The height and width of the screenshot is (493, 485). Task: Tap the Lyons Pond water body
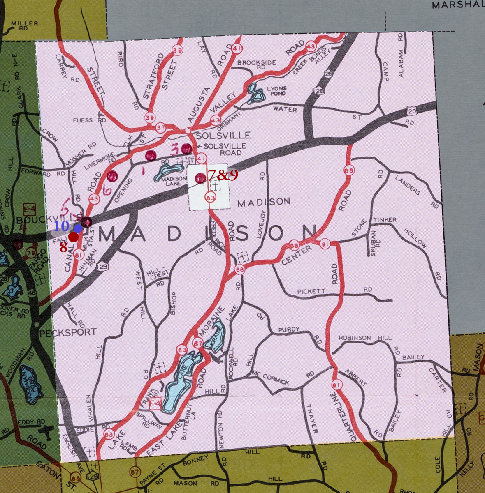255,94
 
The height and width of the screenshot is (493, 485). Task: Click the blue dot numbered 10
78,228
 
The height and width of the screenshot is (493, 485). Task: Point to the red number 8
63,248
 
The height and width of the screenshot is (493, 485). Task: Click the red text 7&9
223,175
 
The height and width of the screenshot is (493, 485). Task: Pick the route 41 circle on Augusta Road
237,48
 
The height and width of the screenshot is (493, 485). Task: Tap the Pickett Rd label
311,291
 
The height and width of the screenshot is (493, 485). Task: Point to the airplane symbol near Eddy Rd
46,431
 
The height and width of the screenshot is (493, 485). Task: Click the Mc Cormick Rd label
272,378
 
